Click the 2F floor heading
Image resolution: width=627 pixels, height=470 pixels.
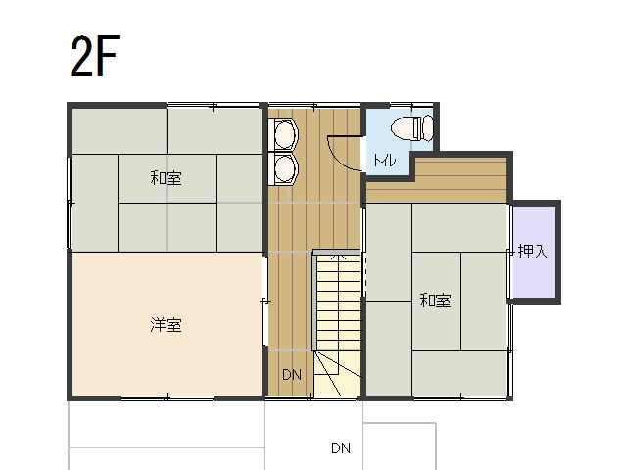(x=95, y=57)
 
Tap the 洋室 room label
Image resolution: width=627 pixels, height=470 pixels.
(x=166, y=325)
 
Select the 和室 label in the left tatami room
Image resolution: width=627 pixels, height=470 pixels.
(x=166, y=178)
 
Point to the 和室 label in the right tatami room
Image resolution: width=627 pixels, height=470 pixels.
(x=435, y=300)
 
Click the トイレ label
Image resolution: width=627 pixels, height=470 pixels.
(x=385, y=161)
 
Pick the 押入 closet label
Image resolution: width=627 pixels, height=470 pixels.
(x=533, y=252)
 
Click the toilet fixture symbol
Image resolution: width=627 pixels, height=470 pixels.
(x=412, y=128)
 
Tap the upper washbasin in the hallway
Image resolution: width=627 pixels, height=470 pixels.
(x=284, y=135)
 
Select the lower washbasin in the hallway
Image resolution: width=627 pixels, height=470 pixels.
(x=284, y=169)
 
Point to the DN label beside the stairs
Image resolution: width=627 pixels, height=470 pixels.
(x=292, y=374)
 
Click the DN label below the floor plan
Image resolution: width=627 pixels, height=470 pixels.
(x=341, y=448)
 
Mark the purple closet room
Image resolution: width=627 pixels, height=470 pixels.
(x=534, y=252)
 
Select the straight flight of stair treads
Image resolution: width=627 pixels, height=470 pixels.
(x=339, y=303)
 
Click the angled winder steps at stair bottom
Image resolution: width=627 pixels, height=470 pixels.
(x=337, y=374)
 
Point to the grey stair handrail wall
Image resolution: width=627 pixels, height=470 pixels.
(x=314, y=300)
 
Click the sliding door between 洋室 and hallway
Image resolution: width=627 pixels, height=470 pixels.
(x=265, y=301)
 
